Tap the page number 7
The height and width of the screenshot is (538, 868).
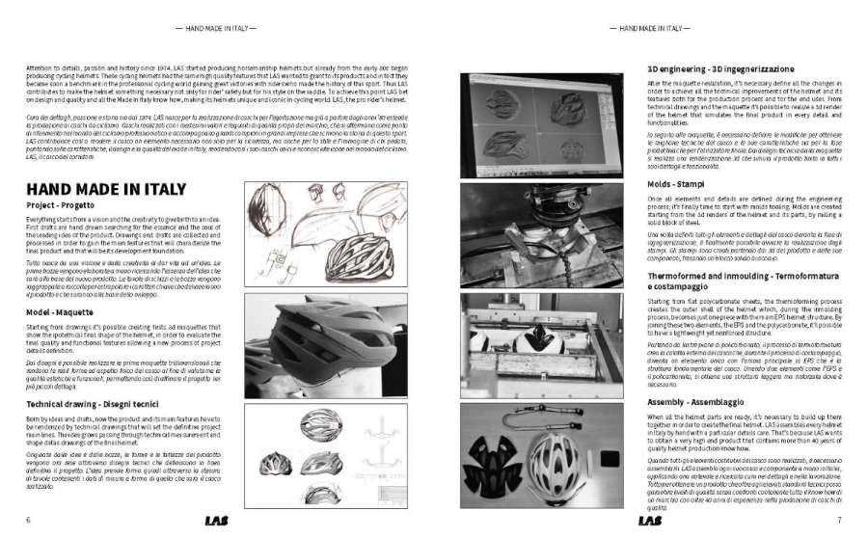pos(839,522)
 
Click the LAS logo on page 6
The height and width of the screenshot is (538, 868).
pos(218,522)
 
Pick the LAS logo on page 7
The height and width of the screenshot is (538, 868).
pos(650,522)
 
